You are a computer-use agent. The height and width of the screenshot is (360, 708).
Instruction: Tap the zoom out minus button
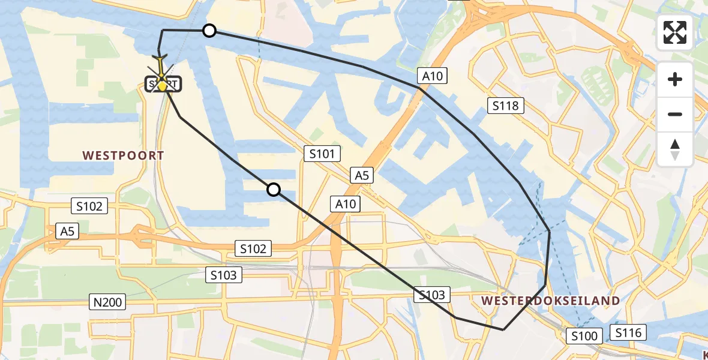[x=675, y=114]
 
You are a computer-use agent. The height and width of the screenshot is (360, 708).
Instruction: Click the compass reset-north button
[x=675, y=149]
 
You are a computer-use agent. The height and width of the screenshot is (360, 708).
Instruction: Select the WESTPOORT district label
[x=123, y=155]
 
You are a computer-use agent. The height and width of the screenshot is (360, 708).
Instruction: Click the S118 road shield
[x=505, y=106]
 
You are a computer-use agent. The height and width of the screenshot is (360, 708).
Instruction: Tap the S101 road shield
[x=322, y=154]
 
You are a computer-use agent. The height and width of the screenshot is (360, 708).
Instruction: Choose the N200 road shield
[x=108, y=302]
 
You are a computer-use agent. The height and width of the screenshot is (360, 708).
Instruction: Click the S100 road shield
[x=584, y=336]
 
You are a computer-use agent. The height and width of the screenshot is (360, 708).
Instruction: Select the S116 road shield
[x=628, y=332]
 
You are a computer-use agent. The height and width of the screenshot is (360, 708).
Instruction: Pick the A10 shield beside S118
[x=432, y=76]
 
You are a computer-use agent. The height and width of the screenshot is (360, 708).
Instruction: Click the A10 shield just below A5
[x=346, y=204]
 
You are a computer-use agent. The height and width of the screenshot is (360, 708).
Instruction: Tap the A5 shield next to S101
[x=362, y=175]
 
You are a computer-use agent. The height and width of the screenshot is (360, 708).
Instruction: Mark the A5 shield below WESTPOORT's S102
[x=68, y=230]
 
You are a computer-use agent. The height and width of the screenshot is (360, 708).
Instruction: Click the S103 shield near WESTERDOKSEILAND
[x=432, y=295]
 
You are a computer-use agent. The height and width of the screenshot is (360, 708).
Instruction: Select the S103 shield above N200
[x=224, y=275]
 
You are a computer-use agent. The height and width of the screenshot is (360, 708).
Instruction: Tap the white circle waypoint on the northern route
[x=209, y=30]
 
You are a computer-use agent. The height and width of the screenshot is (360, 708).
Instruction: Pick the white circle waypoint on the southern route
[x=273, y=190]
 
